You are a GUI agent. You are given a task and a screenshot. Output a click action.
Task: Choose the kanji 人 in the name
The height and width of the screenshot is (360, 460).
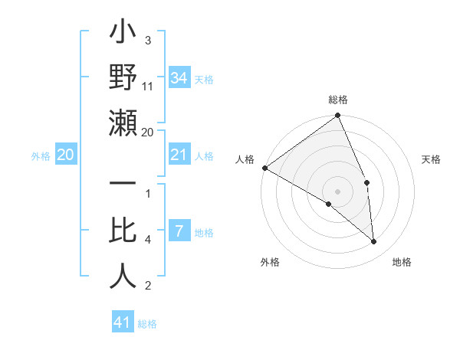123,276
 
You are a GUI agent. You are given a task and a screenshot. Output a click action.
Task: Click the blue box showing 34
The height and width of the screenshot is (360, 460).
179,78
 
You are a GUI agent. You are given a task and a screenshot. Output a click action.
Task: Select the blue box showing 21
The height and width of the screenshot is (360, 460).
179,155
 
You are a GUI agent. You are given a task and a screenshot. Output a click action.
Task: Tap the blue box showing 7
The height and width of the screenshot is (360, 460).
179,232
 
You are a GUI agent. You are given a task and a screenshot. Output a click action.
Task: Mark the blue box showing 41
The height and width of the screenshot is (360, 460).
123,322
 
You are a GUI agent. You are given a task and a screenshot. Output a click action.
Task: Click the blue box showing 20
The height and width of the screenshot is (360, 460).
65,155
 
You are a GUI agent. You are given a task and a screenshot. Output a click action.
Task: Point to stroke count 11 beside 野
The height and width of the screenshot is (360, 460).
148,87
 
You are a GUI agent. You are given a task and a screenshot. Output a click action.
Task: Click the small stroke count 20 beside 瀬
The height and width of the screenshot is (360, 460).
148,132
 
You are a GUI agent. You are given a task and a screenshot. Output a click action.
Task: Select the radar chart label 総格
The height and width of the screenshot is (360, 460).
338,100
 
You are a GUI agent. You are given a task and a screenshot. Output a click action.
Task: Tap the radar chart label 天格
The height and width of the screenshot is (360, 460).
432,159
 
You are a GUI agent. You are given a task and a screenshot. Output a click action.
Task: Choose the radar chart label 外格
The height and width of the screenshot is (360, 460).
269,262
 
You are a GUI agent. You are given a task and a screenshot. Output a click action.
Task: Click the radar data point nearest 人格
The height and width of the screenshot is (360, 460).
264,168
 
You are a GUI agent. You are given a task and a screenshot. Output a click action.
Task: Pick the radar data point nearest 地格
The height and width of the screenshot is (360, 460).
374,242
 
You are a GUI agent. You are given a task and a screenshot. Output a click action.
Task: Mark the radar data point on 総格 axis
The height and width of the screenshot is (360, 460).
338,116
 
